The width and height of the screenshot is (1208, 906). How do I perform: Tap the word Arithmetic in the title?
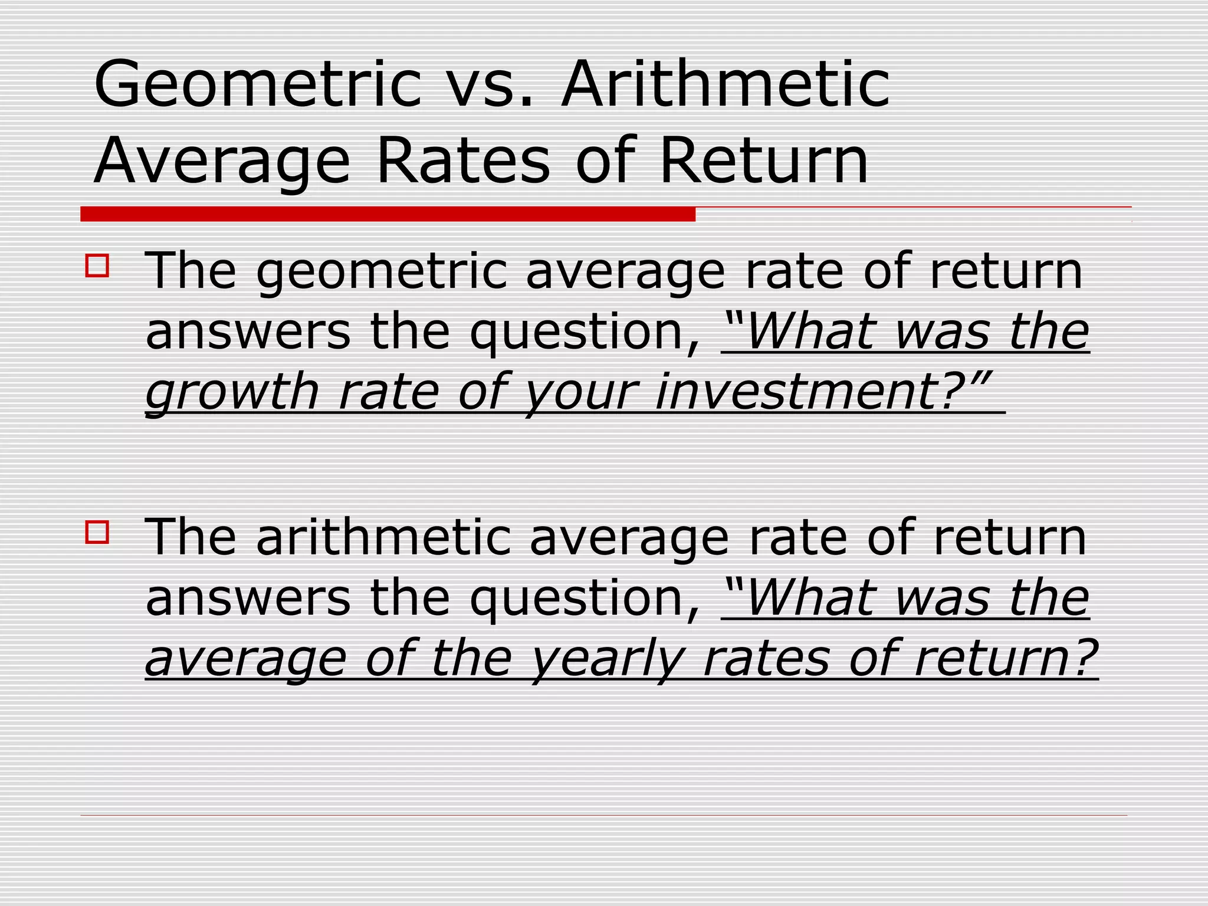725,84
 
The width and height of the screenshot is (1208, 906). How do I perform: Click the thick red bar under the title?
388,214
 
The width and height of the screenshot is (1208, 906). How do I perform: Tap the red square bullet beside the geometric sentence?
97,265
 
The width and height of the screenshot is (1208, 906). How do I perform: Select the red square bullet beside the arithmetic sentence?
97,532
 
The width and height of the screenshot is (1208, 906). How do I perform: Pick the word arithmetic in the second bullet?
384,538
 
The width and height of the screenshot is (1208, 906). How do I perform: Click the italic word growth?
232,392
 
